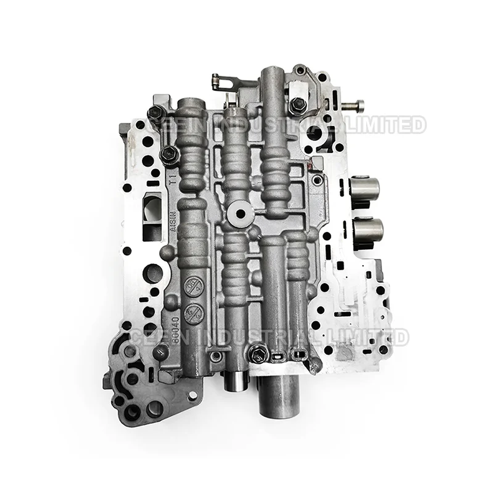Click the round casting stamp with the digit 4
[x=190, y=286]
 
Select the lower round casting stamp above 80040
[x=191, y=310]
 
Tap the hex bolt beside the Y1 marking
[x=166, y=153]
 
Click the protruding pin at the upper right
[x=355, y=104]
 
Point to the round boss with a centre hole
[x=240, y=212]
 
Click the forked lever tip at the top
[x=217, y=80]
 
